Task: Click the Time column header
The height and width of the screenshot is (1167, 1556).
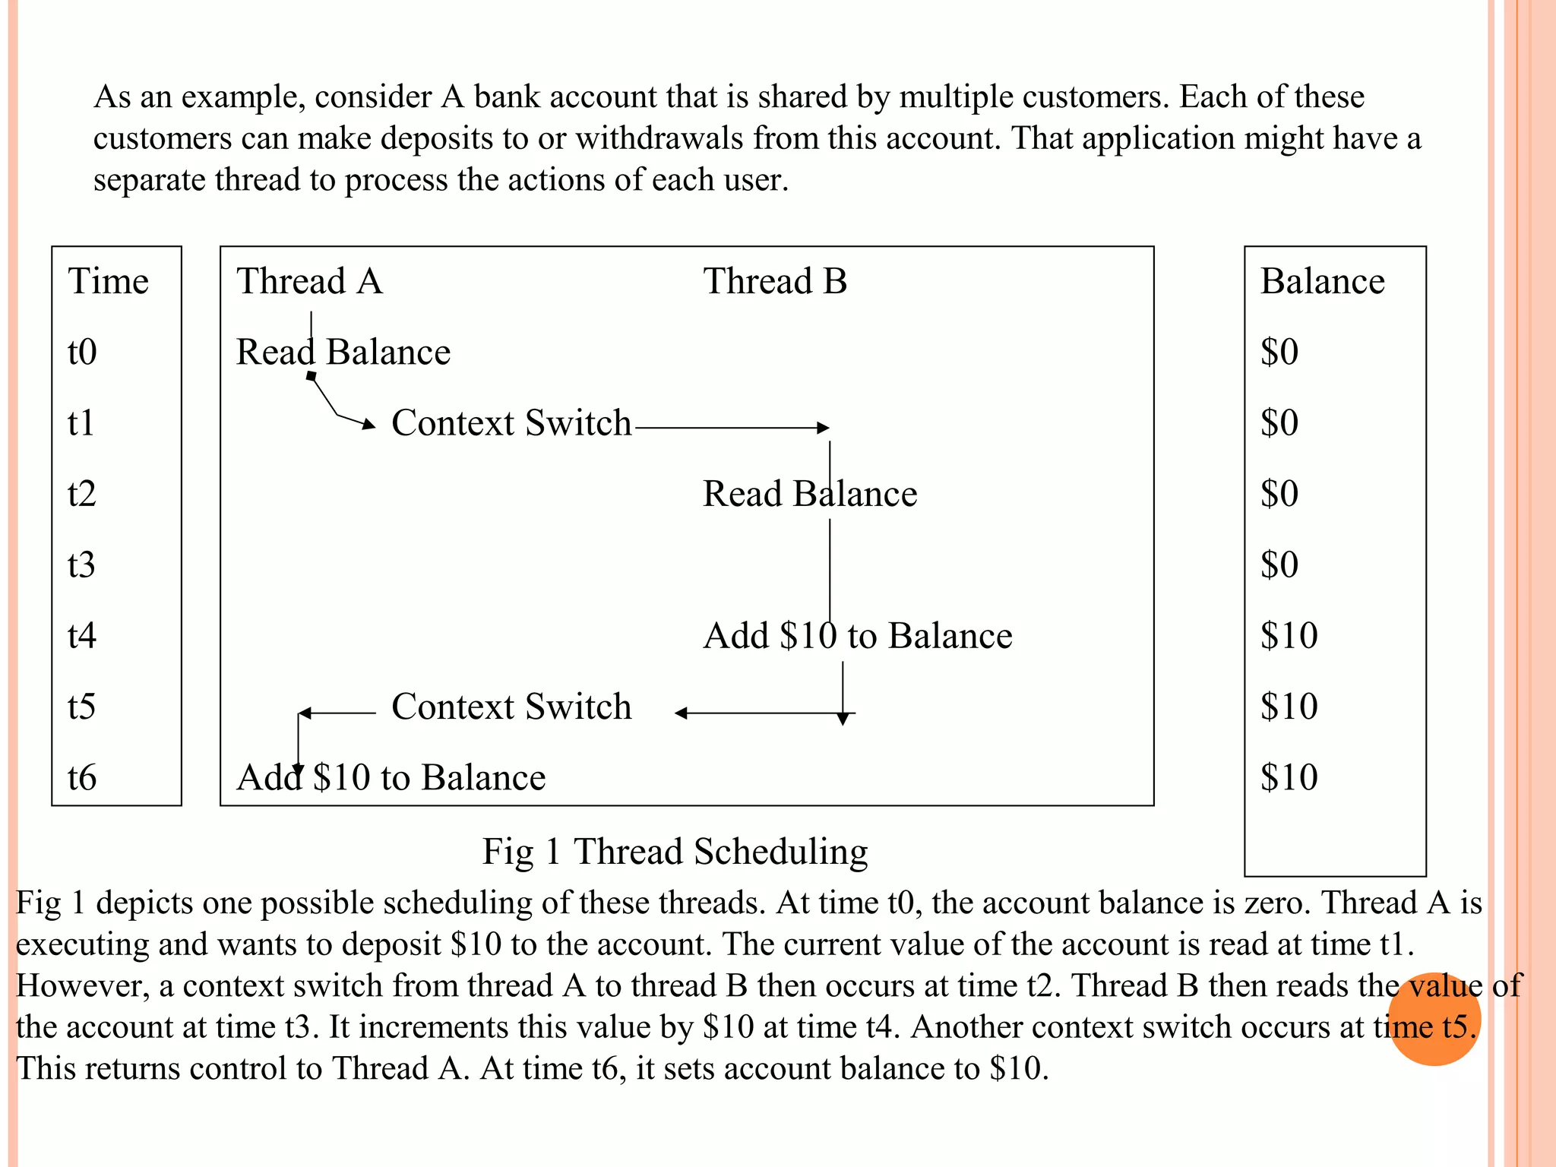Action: coord(108,281)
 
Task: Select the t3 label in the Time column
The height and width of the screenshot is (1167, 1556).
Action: coord(81,565)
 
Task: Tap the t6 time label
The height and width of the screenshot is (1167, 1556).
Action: coord(81,777)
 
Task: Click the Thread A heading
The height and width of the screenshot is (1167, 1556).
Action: coord(309,281)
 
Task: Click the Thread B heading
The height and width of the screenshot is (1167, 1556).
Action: coord(774,281)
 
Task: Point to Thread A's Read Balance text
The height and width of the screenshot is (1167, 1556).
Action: coord(343,352)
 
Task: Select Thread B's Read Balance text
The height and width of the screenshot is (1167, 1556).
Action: coord(809,494)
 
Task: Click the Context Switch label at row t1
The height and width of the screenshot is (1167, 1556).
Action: coord(511,423)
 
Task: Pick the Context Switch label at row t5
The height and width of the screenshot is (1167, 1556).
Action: coord(511,707)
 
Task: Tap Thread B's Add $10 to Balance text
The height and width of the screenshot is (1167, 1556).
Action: coord(857,636)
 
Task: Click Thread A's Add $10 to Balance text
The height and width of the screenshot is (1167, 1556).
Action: coord(391,777)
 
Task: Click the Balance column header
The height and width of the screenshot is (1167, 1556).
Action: coord(1322,281)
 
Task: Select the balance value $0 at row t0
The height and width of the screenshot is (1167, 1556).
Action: coord(1279,352)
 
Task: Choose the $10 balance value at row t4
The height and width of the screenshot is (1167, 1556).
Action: coord(1289,635)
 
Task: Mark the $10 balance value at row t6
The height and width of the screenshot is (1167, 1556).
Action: coord(1289,777)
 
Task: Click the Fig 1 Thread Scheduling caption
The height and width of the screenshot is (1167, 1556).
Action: coord(675,851)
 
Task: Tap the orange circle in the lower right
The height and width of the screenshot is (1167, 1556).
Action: coord(1434,1019)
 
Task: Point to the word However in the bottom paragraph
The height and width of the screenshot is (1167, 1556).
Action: coord(82,985)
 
